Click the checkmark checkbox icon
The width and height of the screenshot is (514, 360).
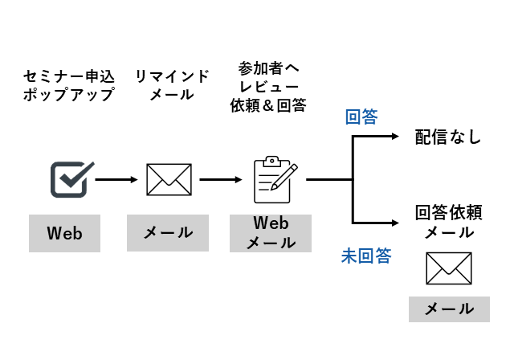coord(71,179)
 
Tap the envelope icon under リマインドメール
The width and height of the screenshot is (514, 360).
coord(169,179)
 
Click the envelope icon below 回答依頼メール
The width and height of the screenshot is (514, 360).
coord(448,268)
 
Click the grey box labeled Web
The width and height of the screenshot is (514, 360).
coord(64,233)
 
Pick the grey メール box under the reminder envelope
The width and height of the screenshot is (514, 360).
coord(168,233)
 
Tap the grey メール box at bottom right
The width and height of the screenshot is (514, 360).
coord(448,309)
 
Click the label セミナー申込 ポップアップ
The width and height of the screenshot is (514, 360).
coord(68,85)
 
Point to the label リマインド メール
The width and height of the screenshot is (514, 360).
coord(172,85)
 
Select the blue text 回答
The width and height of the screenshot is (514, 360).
coord(361,117)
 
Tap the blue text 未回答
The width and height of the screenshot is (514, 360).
coord(366,256)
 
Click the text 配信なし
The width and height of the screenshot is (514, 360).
coord(447,137)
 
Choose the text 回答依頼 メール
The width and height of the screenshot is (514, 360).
coord(447,223)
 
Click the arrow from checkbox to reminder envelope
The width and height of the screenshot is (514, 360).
coord(116,179)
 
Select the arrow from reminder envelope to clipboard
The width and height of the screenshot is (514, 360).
coord(221,179)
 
